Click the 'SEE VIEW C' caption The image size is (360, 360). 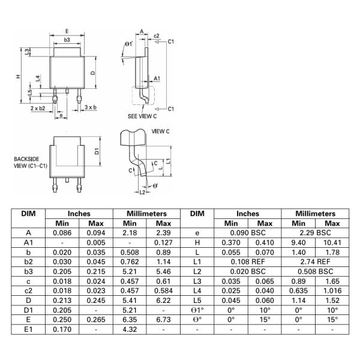142,115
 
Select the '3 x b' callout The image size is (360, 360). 90,106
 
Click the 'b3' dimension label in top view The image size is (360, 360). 67,40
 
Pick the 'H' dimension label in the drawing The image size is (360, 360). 19,76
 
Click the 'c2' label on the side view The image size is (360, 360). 156,35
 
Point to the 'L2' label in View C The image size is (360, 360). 142,192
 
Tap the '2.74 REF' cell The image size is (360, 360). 316,262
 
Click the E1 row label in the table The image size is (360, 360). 28,329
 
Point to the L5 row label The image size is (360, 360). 197,301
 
